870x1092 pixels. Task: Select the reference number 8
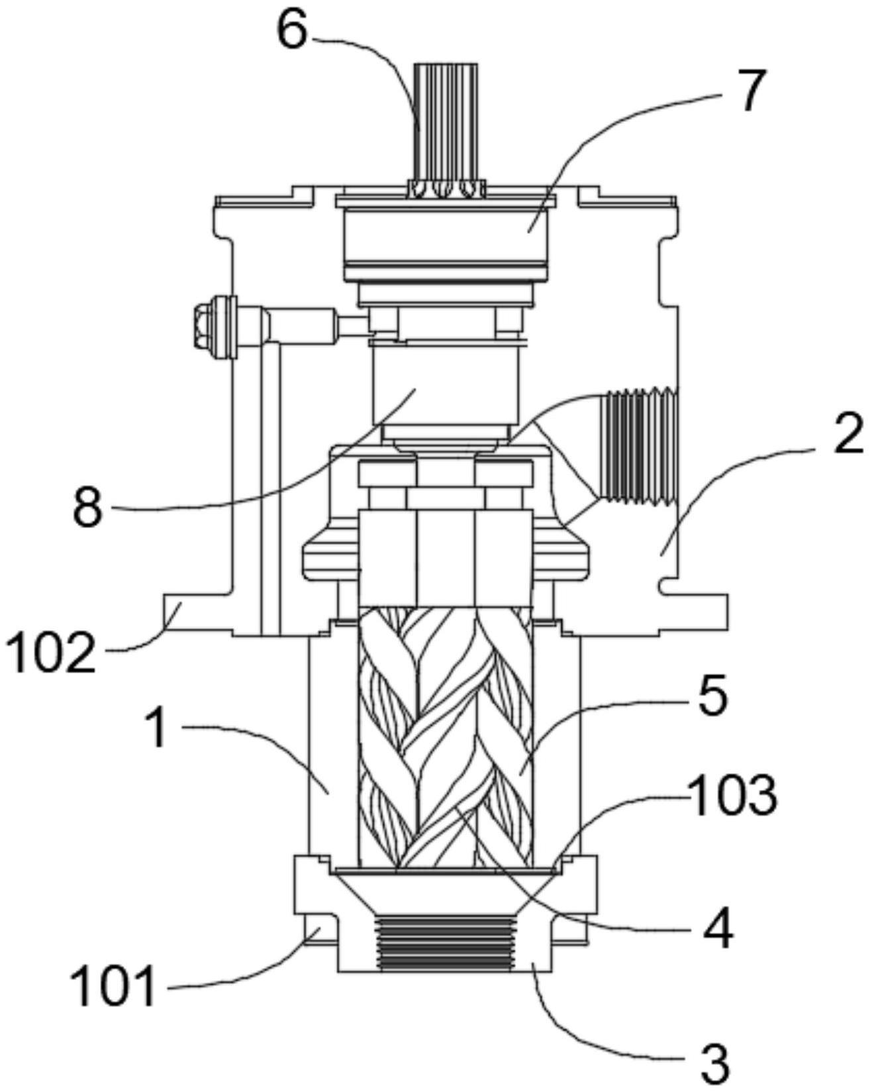pyautogui.click(x=88, y=508)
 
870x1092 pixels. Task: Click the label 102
pyautogui.click(x=50, y=651)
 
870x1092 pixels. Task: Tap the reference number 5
pyautogui.click(x=712, y=696)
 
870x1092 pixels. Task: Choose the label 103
pyautogui.click(x=732, y=796)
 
